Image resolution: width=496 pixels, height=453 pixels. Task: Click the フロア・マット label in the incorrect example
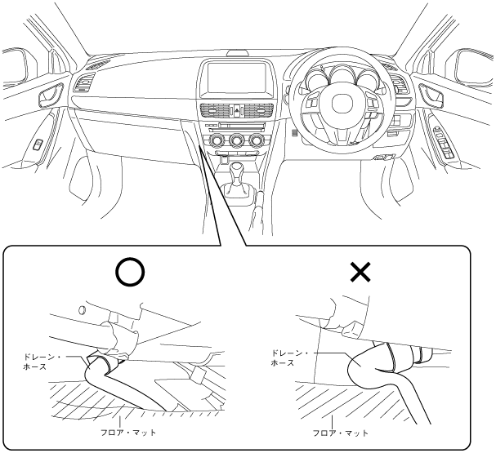340,433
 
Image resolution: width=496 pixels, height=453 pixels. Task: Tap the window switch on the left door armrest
38,147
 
